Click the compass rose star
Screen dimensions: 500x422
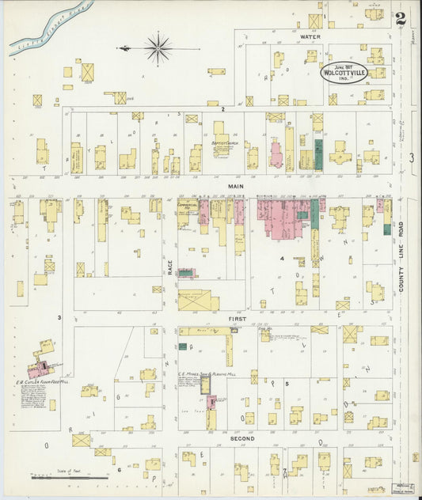(x=158, y=48)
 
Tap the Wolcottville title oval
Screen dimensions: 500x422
(x=344, y=73)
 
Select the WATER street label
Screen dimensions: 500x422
(x=310, y=36)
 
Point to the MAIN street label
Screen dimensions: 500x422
(x=236, y=186)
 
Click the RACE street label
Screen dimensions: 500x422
(x=170, y=269)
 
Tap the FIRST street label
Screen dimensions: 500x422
(x=238, y=318)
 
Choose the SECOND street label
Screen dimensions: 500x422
(x=241, y=437)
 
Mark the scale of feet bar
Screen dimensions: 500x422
(x=70, y=477)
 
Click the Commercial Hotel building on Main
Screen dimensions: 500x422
(x=187, y=212)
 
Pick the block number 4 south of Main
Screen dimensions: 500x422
(x=281, y=258)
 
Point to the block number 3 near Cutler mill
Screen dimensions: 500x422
(x=59, y=317)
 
